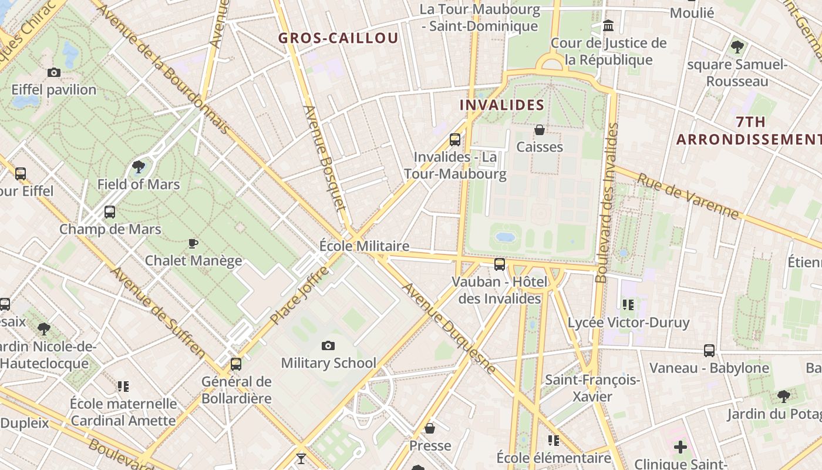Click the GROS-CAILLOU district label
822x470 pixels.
tap(338, 38)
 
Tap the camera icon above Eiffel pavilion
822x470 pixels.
tap(54, 72)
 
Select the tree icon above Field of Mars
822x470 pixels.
tap(139, 167)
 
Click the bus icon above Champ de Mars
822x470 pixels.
tap(110, 212)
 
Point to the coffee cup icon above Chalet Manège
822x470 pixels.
tap(193, 243)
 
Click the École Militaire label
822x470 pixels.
tap(364, 246)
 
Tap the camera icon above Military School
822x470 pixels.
tap(328, 345)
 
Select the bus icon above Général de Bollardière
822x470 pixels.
tap(236, 364)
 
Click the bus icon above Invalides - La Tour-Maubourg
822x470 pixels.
tap(455, 140)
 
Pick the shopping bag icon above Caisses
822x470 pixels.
tap(540, 129)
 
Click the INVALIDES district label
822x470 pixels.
tap(502, 105)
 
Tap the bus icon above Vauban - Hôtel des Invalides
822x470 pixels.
tap(500, 264)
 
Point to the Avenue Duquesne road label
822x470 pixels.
tap(449, 328)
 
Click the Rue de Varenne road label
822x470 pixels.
tap(688, 196)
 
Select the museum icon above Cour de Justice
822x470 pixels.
tap(608, 26)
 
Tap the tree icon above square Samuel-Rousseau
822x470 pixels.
tap(737, 47)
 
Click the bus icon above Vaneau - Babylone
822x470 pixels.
tap(709, 351)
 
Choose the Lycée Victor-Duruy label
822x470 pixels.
tap(628, 323)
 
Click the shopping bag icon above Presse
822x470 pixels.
tap(430, 428)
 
